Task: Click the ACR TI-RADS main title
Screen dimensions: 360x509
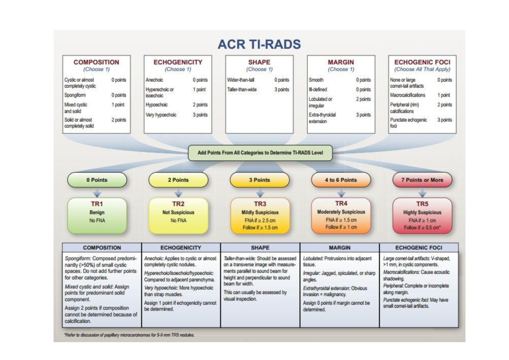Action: click(259, 45)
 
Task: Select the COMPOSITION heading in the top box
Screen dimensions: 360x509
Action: click(96, 62)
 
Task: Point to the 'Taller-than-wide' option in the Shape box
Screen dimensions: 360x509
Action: click(242, 89)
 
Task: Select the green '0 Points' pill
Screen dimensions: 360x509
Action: click(97, 180)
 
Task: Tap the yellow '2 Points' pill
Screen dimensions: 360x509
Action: click(178, 180)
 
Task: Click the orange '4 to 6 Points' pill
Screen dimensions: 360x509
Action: click(341, 180)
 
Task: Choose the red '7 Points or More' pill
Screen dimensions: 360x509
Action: click(422, 180)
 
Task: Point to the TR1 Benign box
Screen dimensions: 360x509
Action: click(97, 215)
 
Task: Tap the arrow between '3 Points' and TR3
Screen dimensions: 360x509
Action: click(260, 193)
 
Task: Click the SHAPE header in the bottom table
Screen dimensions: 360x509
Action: click(260, 248)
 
